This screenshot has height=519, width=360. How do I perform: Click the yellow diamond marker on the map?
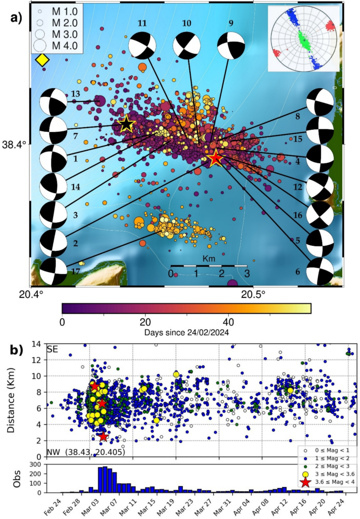[42, 60]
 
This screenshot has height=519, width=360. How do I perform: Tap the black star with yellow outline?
[126, 124]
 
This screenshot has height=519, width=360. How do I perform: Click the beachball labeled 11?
[142, 45]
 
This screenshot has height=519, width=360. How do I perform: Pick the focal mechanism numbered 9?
[231, 46]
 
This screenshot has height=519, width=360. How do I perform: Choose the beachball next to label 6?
[320, 271]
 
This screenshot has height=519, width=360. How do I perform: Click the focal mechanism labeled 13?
[54, 102]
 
